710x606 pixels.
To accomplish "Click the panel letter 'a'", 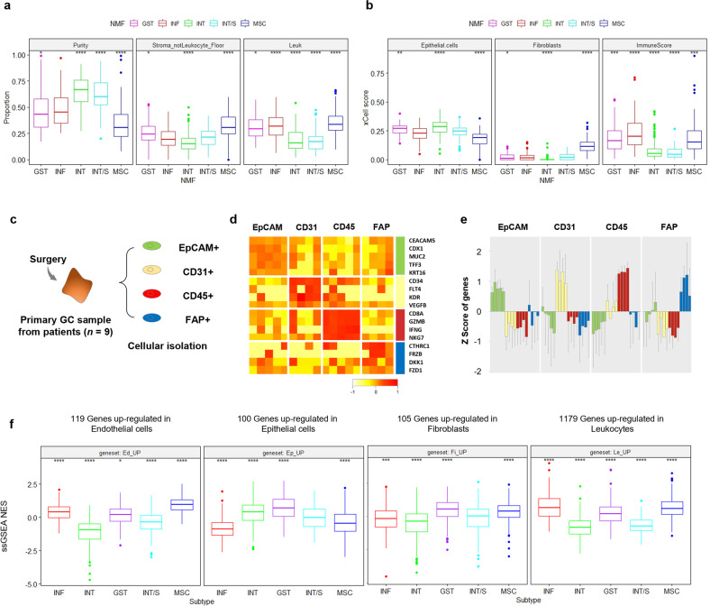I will click(x=6, y=8).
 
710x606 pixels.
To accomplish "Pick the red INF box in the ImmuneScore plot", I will click(x=642, y=133).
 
